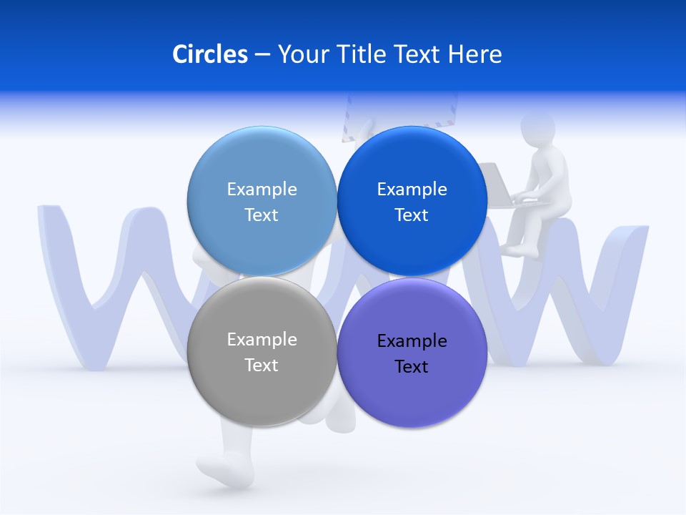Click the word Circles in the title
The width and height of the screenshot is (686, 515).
click(x=209, y=54)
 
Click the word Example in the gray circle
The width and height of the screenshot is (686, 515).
click(x=262, y=339)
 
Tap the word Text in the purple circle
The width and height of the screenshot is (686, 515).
click(x=412, y=366)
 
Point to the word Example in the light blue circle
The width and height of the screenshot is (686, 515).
click(x=262, y=189)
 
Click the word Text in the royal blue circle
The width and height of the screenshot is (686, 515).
click(x=412, y=215)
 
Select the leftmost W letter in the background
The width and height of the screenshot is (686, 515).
click(x=107, y=286)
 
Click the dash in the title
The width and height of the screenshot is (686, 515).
click(x=262, y=54)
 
